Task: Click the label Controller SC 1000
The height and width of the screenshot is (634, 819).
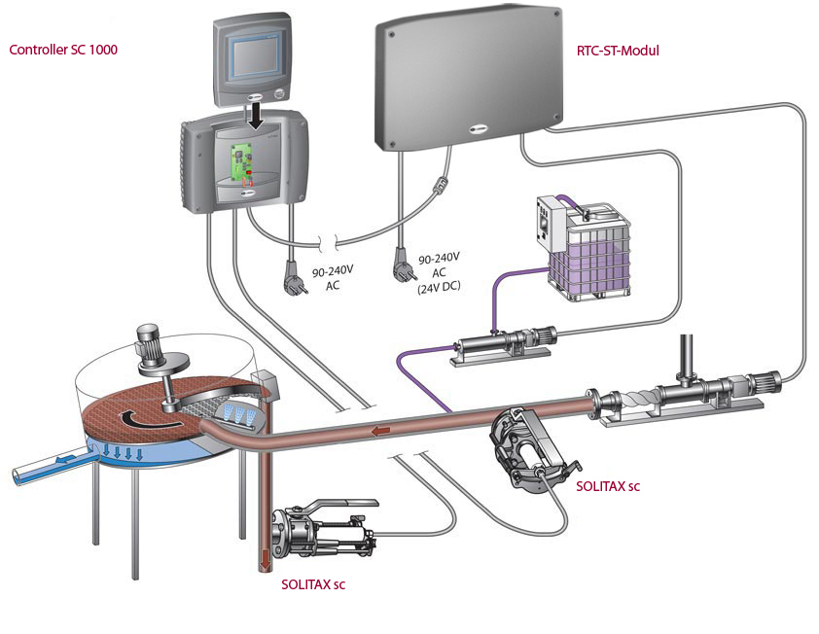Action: click(x=63, y=50)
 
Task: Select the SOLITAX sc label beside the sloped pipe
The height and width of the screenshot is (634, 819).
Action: click(x=608, y=485)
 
